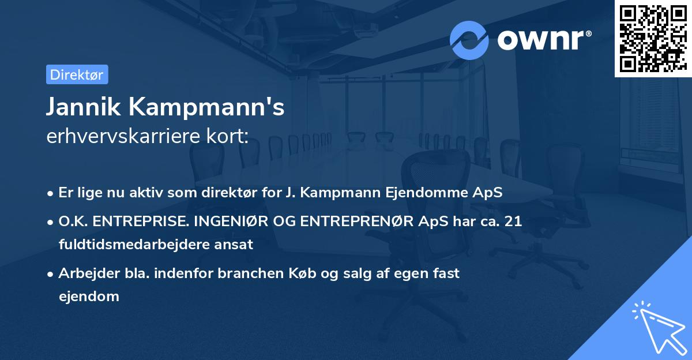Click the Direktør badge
(x=77, y=74)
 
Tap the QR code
(x=653, y=39)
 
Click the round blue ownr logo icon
(x=469, y=40)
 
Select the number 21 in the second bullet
(x=514, y=222)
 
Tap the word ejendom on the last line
(x=89, y=296)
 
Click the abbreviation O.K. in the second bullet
(x=72, y=222)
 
